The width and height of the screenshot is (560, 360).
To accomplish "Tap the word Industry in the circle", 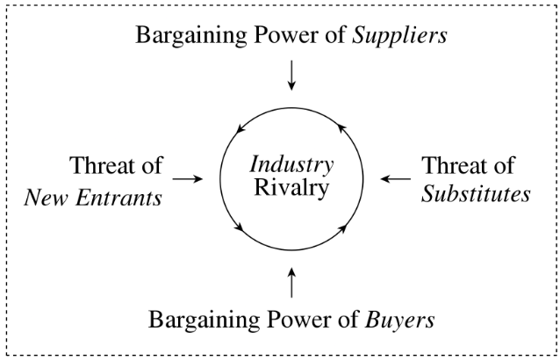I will (292, 164).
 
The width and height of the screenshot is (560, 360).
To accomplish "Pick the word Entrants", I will (119, 197).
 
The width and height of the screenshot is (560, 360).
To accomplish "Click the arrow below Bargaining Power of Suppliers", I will (292, 76).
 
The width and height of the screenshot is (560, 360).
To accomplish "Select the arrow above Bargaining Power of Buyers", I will (292, 284).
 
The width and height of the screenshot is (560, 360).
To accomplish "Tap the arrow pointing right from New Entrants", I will (188, 178).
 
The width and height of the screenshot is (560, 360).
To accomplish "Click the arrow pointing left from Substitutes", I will (395, 178).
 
